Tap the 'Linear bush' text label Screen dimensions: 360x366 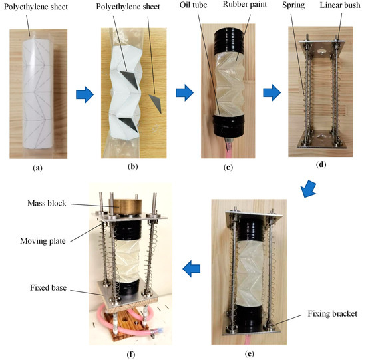click(x=339, y=6)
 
